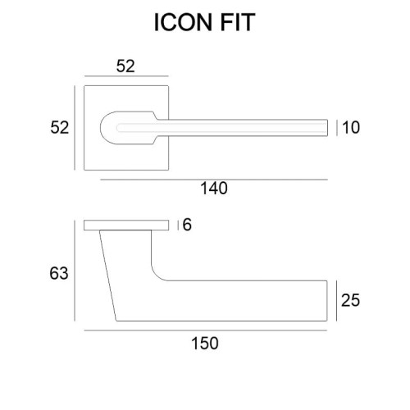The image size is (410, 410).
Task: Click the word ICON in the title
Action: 184,22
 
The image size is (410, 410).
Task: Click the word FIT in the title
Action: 237,22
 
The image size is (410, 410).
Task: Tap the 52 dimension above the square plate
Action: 125,66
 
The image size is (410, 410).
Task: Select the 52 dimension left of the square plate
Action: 59,127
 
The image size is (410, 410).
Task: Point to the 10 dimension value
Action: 351,127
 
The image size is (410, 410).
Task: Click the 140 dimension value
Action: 214,189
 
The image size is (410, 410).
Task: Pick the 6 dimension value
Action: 187,225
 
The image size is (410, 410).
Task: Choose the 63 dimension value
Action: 59,273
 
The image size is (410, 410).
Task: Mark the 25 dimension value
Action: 350,300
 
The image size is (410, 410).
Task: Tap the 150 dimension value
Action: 205,344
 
